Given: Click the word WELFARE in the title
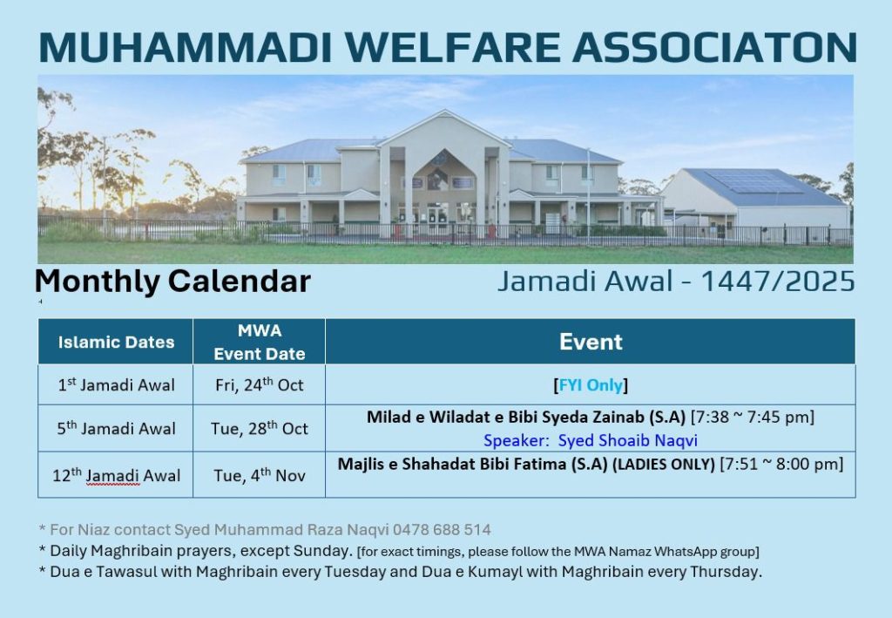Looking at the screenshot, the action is [x=453, y=47].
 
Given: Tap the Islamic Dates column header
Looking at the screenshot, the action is [x=116, y=342].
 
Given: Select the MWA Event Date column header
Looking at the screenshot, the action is [x=260, y=342].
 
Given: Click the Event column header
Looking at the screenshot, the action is [x=591, y=342].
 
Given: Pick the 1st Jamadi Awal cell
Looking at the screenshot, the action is [x=116, y=384].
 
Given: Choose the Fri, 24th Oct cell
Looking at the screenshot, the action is [x=260, y=384].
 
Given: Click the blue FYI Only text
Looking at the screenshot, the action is [x=591, y=385].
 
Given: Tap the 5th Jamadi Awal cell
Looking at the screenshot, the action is [x=116, y=428].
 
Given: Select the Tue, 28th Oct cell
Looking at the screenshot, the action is [x=260, y=428].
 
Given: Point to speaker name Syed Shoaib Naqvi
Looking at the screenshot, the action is [x=627, y=440].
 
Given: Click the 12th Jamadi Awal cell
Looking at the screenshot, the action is [x=116, y=475].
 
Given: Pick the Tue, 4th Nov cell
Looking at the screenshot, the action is [x=260, y=475].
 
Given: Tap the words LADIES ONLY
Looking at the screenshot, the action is [x=663, y=465].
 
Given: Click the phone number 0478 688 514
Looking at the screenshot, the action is [x=442, y=530].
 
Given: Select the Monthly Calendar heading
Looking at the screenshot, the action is [x=172, y=282].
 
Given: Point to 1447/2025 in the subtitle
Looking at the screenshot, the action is [x=778, y=282].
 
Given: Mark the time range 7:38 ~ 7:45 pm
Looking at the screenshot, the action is [x=752, y=418].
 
